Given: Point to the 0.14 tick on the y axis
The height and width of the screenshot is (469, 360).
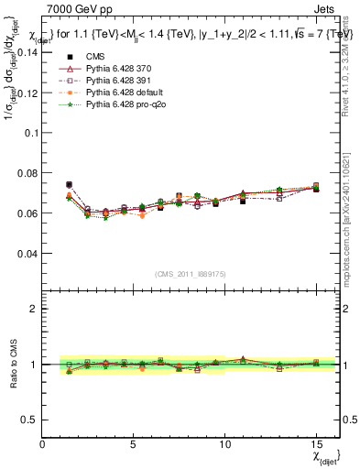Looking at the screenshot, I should [x=28, y=52].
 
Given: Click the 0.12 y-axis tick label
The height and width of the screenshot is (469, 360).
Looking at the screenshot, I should [x=28, y=93].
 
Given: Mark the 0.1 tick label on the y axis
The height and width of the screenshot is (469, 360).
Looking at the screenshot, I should [x=31, y=133].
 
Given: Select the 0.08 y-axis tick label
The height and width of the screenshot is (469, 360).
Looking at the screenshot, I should [x=28, y=173].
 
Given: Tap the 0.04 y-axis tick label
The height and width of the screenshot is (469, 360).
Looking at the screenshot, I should [x=28, y=253].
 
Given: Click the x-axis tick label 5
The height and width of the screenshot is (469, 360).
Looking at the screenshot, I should [x=134, y=444].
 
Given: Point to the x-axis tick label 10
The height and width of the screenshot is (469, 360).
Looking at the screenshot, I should [x=224, y=444].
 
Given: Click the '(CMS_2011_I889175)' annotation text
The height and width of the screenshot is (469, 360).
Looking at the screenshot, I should [x=190, y=273].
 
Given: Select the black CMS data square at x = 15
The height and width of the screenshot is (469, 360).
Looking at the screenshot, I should [x=316, y=189].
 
